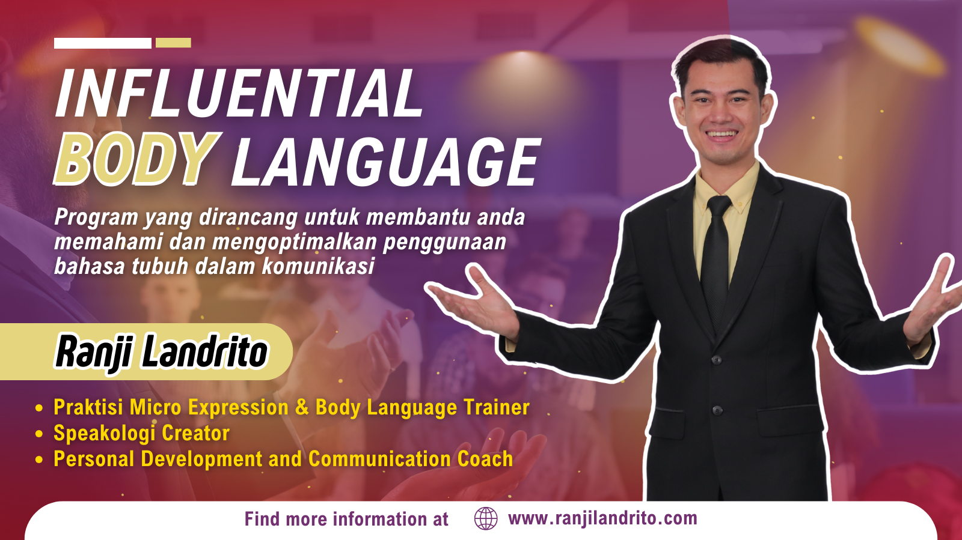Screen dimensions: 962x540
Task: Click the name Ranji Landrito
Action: (x=162, y=352)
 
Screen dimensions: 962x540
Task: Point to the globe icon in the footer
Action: (x=486, y=518)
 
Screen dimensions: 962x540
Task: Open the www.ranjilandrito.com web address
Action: (x=602, y=518)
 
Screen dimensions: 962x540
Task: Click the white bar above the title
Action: (x=103, y=43)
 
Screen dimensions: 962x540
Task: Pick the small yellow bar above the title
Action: (x=174, y=43)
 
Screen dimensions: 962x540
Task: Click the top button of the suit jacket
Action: (x=716, y=359)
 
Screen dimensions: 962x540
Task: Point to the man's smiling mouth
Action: (x=721, y=135)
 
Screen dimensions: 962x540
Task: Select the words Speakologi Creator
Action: (x=141, y=432)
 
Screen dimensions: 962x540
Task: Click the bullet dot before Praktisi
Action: (x=39, y=408)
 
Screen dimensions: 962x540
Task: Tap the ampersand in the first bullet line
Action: (x=302, y=407)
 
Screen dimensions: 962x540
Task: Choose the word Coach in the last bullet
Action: (x=485, y=458)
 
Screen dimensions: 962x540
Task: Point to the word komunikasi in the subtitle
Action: (x=318, y=266)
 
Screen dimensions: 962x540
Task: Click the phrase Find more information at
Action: (x=346, y=519)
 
